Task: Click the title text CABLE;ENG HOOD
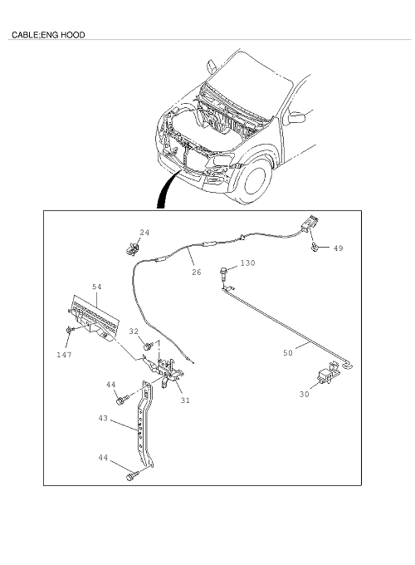tap(48, 35)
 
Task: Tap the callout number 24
tap(144, 233)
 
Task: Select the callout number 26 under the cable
tap(197, 272)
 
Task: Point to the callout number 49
tap(338, 248)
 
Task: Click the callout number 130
tap(247, 263)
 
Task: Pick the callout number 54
tap(97, 287)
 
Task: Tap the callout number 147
tap(64, 355)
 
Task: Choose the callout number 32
tap(134, 332)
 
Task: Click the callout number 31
tap(185, 400)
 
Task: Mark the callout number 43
tap(103, 418)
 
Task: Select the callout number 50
tap(287, 353)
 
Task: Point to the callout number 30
tap(304, 394)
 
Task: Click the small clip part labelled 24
tap(132, 249)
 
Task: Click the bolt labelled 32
tap(149, 346)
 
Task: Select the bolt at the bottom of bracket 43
tap(132, 476)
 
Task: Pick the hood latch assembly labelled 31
tap(168, 372)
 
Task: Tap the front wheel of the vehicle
tap(255, 180)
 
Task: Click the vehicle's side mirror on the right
tap(296, 118)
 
